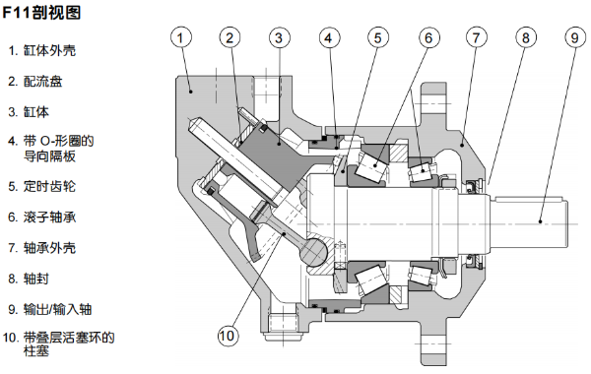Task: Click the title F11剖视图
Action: (41, 14)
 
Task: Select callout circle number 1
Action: (180, 37)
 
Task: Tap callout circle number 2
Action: (230, 37)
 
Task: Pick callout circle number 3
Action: (279, 37)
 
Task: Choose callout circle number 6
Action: (427, 37)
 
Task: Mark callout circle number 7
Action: (476, 37)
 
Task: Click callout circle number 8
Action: (525, 37)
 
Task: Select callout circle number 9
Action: (573, 37)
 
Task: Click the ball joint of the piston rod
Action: (315, 252)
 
